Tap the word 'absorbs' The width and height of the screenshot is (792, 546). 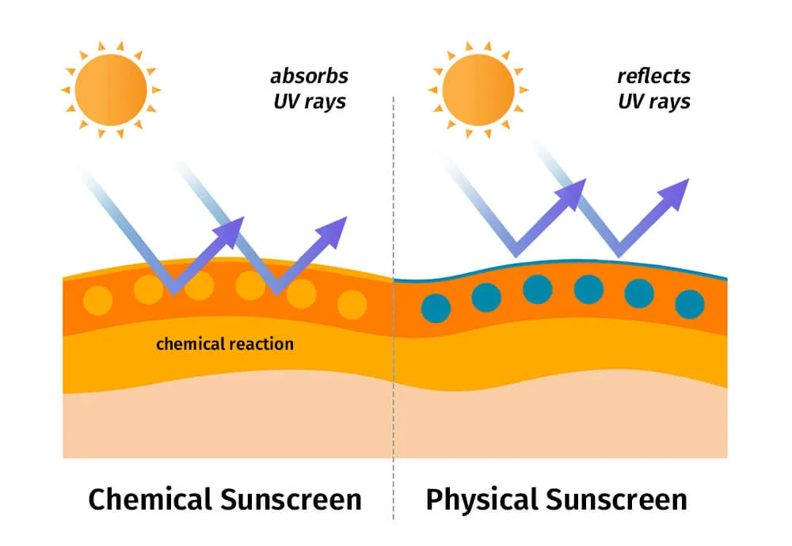click(x=309, y=77)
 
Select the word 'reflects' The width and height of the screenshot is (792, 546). click(x=653, y=77)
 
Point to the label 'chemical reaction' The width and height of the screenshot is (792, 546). click(x=225, y=344)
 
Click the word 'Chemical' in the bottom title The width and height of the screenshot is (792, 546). click(x=150, y=500)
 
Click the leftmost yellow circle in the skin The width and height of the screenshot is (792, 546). click(x=98, y=301)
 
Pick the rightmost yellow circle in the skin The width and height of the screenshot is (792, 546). click(x=352, y=305)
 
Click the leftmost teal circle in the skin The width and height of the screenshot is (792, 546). click(x=436, y=307)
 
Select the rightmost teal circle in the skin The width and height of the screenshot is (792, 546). click(x=690, y=304)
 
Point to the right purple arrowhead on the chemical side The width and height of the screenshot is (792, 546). click(x=336, y=226)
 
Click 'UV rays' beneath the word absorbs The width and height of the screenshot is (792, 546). click(x=309, y=102)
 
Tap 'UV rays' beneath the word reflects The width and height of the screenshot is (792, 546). click(x=653, y=102)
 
